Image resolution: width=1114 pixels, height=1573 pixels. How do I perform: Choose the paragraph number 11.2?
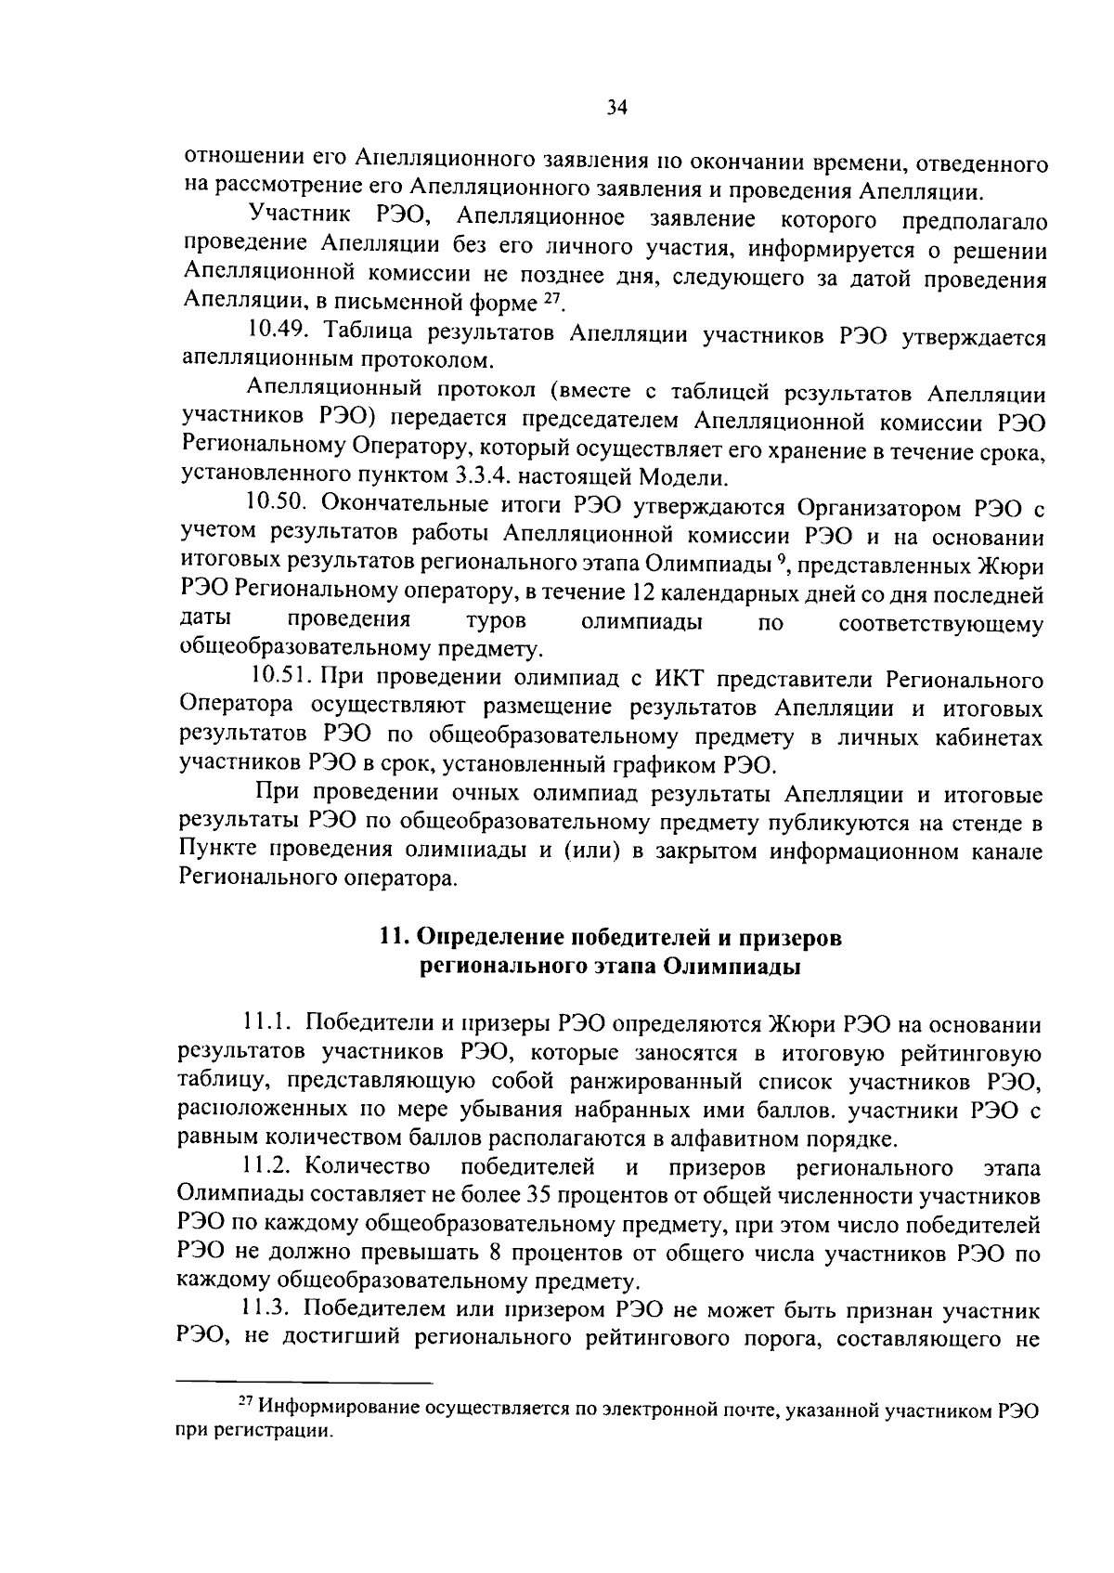point(268,1165)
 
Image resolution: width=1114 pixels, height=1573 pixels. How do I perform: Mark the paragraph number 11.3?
point(268,1310)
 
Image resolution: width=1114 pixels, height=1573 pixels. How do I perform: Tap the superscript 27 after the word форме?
point(552,296)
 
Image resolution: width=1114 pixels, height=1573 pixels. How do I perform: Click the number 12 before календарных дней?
point(642,594)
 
